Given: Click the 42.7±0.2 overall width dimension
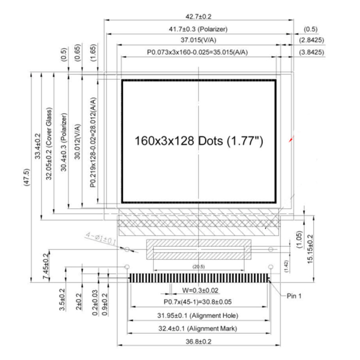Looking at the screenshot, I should tap(198, 17).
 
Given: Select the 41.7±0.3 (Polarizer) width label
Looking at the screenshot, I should tap(198, 29).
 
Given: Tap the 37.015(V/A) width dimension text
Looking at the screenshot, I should tap(198, 40).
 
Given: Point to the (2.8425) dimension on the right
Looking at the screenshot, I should tap(312, 40).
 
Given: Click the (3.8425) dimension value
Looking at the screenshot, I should tap(312, 52).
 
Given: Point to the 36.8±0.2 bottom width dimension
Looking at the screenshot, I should tap(198, 341).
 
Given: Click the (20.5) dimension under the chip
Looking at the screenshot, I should tap(198, 267).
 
